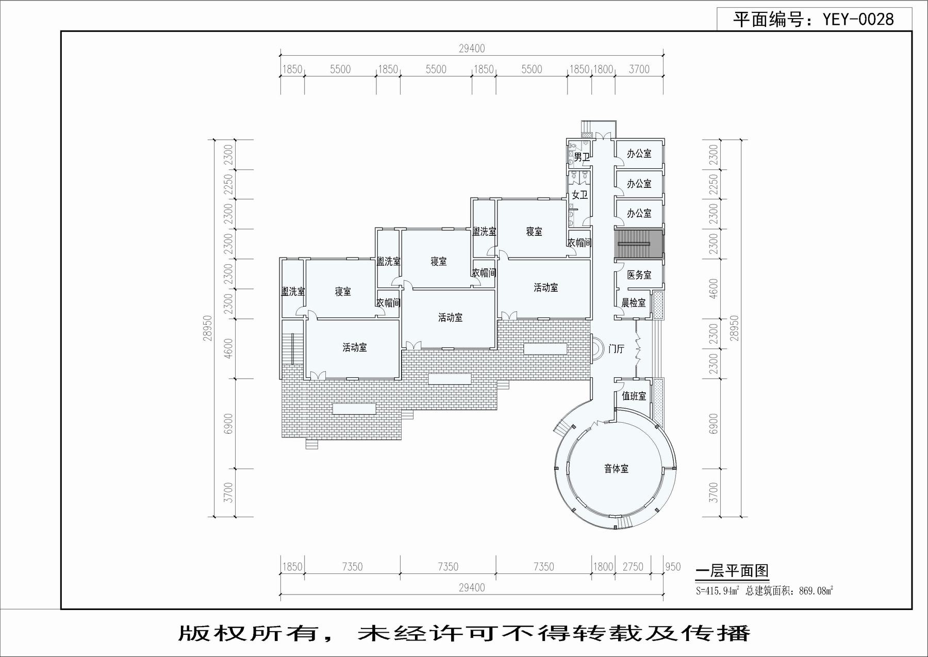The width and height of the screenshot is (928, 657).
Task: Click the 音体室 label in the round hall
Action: tap(616, 469)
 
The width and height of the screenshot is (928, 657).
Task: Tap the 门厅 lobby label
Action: tap(616, 349)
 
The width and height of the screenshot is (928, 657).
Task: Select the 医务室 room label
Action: tap(639, 275)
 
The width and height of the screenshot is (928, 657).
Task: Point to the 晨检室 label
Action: tap(634, 303)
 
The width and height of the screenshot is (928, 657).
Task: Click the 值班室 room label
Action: tap(634, 396)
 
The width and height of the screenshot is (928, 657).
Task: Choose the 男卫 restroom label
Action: tap(582, 157)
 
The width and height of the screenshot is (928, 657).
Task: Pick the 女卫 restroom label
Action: tap(580, 195)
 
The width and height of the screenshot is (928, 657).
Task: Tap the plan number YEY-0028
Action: tap(858, 20)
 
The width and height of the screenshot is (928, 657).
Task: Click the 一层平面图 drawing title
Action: tap(732, 571)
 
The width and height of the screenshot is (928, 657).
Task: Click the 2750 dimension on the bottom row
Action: tap(633, 567)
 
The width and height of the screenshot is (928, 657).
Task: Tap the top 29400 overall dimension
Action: tap(472, 49)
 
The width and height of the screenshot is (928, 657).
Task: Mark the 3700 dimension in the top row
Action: tap(639, 69)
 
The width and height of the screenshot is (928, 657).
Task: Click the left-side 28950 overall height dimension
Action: tap(208, 328)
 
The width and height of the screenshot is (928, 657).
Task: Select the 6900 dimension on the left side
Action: tap(228, 424)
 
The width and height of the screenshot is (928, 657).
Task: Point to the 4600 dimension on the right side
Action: tap(714, 289)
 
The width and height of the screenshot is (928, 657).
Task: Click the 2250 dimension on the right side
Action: tap(714, 184)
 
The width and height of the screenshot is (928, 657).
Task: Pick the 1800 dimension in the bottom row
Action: tap(603, 567)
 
